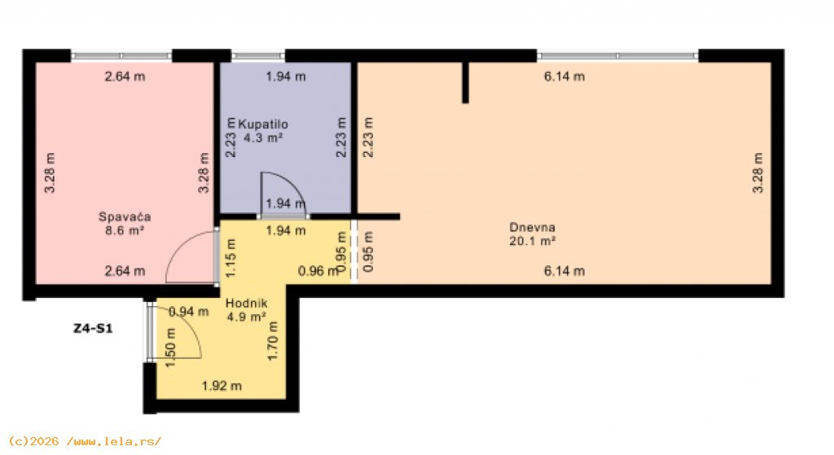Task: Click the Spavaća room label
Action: (x=125, y=217)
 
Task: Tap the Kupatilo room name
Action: (x=263, y=125)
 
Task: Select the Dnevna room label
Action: (x=532, y=228)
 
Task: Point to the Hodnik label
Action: (x=246, y=304)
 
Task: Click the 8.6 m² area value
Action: (x=125, y=230)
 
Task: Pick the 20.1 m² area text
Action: (x=532, y=241)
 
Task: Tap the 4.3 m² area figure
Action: (x=263, y=138)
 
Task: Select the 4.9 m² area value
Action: (x=246, y=317)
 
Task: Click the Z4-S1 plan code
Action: (x=93, y=329)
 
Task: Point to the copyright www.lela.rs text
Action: (x=85, y=441)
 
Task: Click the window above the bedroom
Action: (x=121, y=55)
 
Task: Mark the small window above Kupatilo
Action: (x=258, y=55)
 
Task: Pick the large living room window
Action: (x=617, y=55)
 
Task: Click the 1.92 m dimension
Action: (x=222, y=386)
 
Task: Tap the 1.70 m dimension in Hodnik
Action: (x=273, y=341)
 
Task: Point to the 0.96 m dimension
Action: (x=318, y=271)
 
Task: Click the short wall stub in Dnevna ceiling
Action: (x=465, y=82)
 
